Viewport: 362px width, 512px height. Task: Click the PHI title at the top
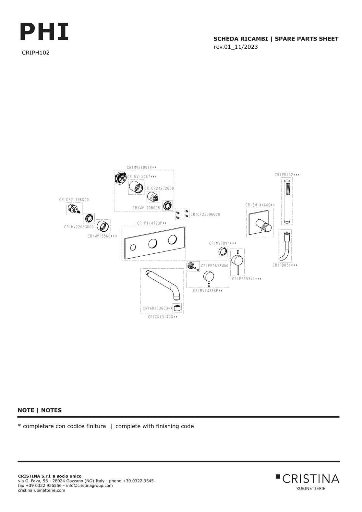tap(44, 32)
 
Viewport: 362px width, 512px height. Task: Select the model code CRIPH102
tap(36, 53)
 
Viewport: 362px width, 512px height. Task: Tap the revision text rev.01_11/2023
tap(235, 47)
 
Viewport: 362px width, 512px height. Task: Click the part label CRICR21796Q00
tap(74, 200)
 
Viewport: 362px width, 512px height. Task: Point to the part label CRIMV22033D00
tap(79, 227)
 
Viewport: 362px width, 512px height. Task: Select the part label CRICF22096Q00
tap(205, 214)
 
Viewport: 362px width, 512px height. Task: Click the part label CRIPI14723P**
tap(152, 223)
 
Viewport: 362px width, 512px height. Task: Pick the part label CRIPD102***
tap(287, 175)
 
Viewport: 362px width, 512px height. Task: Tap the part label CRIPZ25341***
tap(247, 279)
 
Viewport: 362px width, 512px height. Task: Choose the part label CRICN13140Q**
tap(163, 317)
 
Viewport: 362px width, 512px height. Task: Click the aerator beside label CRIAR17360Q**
tap(177, 308)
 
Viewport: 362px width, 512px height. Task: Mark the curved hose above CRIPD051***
tap(285, 247)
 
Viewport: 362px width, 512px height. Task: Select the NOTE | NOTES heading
tap(40, 410)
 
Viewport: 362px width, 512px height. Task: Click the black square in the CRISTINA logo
tap(278, 476)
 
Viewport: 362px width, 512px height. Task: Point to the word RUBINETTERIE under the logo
tap(311, 488)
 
